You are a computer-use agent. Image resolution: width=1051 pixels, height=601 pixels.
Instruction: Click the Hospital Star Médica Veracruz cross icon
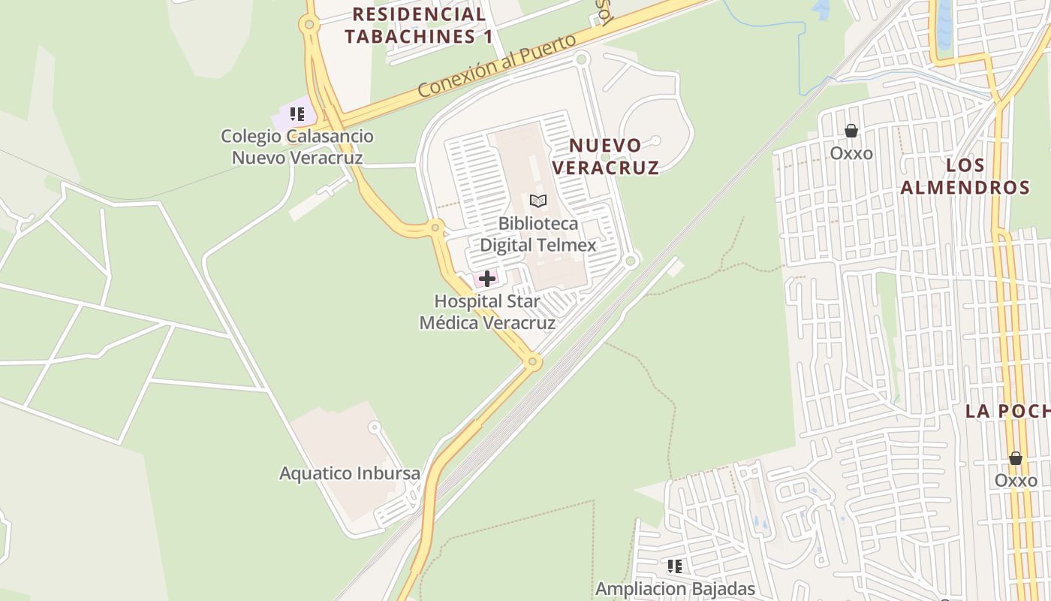click(x=486, y=279)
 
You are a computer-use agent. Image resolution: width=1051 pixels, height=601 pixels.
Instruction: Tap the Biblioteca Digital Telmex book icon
click(x=538, y=201)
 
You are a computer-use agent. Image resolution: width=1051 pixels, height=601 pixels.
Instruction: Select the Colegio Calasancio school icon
click(x=297, y=114)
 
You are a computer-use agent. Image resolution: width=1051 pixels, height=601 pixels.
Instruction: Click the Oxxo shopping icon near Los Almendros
click(x=851, y=131)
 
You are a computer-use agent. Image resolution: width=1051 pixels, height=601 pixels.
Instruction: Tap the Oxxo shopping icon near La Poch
click(x=1016, y=458)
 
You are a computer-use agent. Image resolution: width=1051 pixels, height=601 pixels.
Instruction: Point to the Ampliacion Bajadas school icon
click(x=675, y=566)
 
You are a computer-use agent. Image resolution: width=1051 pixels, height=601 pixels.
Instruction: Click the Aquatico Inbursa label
click(x=349, y=473)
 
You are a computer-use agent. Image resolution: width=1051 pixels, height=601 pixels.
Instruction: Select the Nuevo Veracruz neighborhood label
click(x=605, y=156)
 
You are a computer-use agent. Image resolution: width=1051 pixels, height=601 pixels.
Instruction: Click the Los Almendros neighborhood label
click(x=965, y=177)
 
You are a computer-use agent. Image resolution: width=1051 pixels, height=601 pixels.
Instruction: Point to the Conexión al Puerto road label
click(x=496, y=65)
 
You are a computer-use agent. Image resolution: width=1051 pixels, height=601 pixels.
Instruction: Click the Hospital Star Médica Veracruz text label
click(x=487, y=312)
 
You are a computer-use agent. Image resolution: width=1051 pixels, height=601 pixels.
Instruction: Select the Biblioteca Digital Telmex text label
click(x=538, y=234)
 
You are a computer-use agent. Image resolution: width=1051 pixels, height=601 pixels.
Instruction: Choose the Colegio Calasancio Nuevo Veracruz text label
click(x=297, y=146)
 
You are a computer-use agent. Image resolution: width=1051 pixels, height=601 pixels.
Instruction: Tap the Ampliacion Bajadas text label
click(x=675, y=588)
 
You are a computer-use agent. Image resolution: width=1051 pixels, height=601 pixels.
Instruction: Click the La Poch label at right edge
click(x=1007, y=411)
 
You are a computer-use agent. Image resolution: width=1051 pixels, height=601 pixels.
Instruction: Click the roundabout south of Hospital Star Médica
click(x=533, y=362)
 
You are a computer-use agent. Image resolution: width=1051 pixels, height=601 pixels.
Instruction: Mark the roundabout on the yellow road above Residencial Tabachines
click(x=309, y=25)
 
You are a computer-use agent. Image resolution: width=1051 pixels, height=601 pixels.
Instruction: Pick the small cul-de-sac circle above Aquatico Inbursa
click(x=374, y=427)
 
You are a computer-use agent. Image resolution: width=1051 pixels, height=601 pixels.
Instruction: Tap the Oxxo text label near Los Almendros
click(x=851, y=153)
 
